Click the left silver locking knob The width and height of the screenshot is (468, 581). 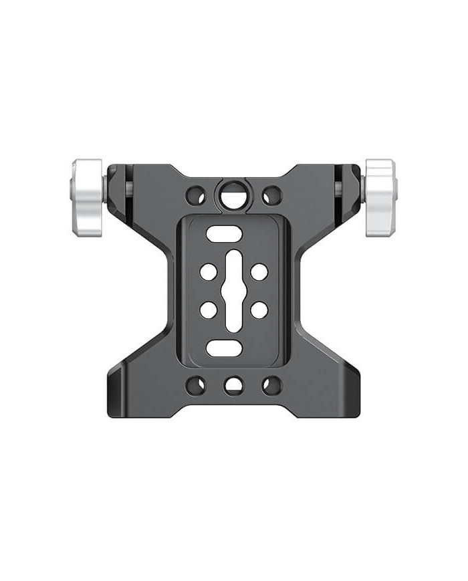pyautogui.click(x=87, y=197)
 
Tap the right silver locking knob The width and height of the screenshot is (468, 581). pyautogui.click(x=380, y=197)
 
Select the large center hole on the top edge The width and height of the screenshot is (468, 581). pyautogui.click(x=233, y=195)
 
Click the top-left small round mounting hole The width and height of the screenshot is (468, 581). pyautogui.click(x=195, y=196)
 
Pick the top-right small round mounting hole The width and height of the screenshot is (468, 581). pyautogui.click(x=271, y=196)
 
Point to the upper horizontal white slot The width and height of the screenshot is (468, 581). pyautogui.click(x=224, y=234)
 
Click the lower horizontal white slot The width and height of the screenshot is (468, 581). pyautogui.click(x=224, y=348)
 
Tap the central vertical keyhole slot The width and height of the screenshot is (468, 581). pyautogui.click(x=233, y=292)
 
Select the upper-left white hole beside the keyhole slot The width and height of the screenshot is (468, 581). pyautogui.click(x=208, y=272)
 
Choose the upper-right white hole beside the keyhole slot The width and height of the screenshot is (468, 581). pyautogui.click(x=259, y=272)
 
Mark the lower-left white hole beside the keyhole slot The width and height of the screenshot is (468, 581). pyautogui.click(x=208, y=310)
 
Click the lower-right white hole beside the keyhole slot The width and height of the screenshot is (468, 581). pyautogui.click(x=259, y=310)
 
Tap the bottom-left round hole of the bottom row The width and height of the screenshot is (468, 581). pyautogui.click(x=195, y=385)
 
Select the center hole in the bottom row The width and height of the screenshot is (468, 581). pyautogui.click(x=233, y=385)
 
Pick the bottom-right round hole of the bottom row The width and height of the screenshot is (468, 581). pyautogui.click(x=271, y=385)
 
